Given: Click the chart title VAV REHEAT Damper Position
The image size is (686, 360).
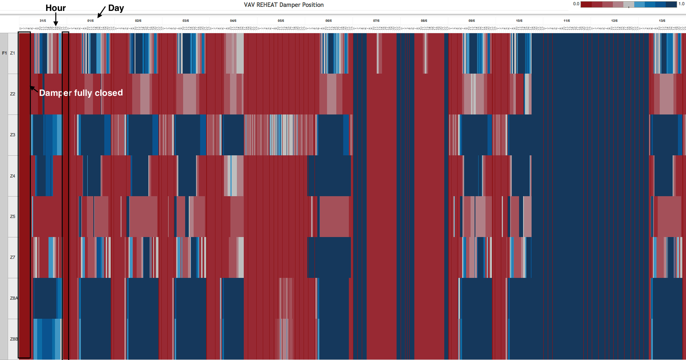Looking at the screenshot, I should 283,5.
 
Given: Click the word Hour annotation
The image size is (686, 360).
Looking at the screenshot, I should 55,8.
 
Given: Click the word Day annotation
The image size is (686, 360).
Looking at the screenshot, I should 116,8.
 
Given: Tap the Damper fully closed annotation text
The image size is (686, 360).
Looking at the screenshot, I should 81,93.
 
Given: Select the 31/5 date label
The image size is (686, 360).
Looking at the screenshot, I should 43,21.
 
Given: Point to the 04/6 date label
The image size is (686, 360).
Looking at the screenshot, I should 233,21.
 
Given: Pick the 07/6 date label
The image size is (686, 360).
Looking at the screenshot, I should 376,21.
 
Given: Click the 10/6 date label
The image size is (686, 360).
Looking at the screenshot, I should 519,21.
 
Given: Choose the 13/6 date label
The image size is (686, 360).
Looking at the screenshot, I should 662,21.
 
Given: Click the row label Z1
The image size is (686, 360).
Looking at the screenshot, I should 13,53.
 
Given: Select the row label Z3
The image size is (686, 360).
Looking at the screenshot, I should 13,135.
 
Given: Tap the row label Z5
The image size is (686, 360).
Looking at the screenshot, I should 13,216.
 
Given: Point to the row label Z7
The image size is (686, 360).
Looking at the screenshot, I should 13,257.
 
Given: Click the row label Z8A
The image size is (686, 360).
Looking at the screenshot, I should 14,298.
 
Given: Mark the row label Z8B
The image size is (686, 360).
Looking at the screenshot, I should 14,339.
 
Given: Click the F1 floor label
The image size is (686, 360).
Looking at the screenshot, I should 4,53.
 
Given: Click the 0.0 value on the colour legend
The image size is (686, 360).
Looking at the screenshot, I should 576,4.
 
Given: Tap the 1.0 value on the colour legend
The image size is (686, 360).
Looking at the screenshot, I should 682,4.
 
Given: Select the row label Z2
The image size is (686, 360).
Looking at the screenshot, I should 13,94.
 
